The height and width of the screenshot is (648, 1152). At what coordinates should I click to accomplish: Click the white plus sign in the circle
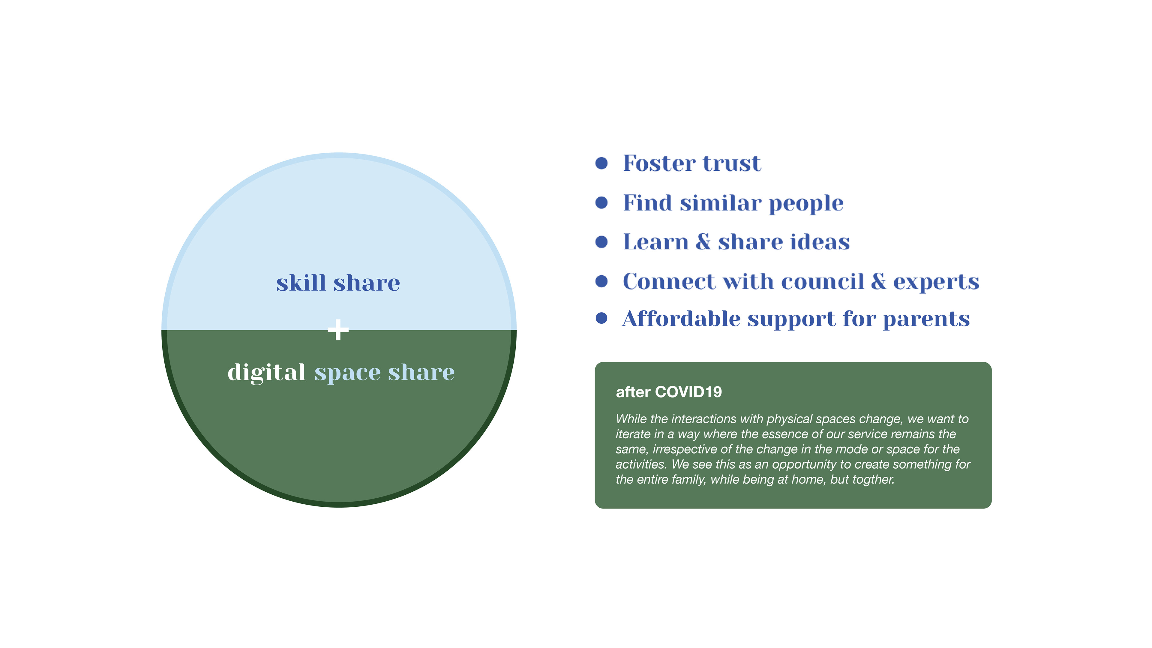(338, 330)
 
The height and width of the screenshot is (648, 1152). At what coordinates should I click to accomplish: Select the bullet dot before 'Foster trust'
(601, 163)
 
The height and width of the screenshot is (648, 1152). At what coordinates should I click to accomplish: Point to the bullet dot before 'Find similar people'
(601, 202)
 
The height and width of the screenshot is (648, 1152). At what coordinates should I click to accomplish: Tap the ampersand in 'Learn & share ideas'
(703, 242)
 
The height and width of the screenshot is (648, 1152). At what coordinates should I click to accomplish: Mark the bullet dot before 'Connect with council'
(601, 281)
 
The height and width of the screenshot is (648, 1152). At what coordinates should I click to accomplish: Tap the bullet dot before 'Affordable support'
(601, 318)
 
